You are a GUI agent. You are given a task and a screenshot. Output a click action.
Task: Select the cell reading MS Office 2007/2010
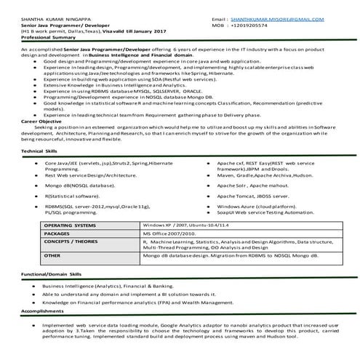(x=170, y=234)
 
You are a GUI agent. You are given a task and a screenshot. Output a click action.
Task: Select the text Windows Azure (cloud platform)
(x=252, y=207)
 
